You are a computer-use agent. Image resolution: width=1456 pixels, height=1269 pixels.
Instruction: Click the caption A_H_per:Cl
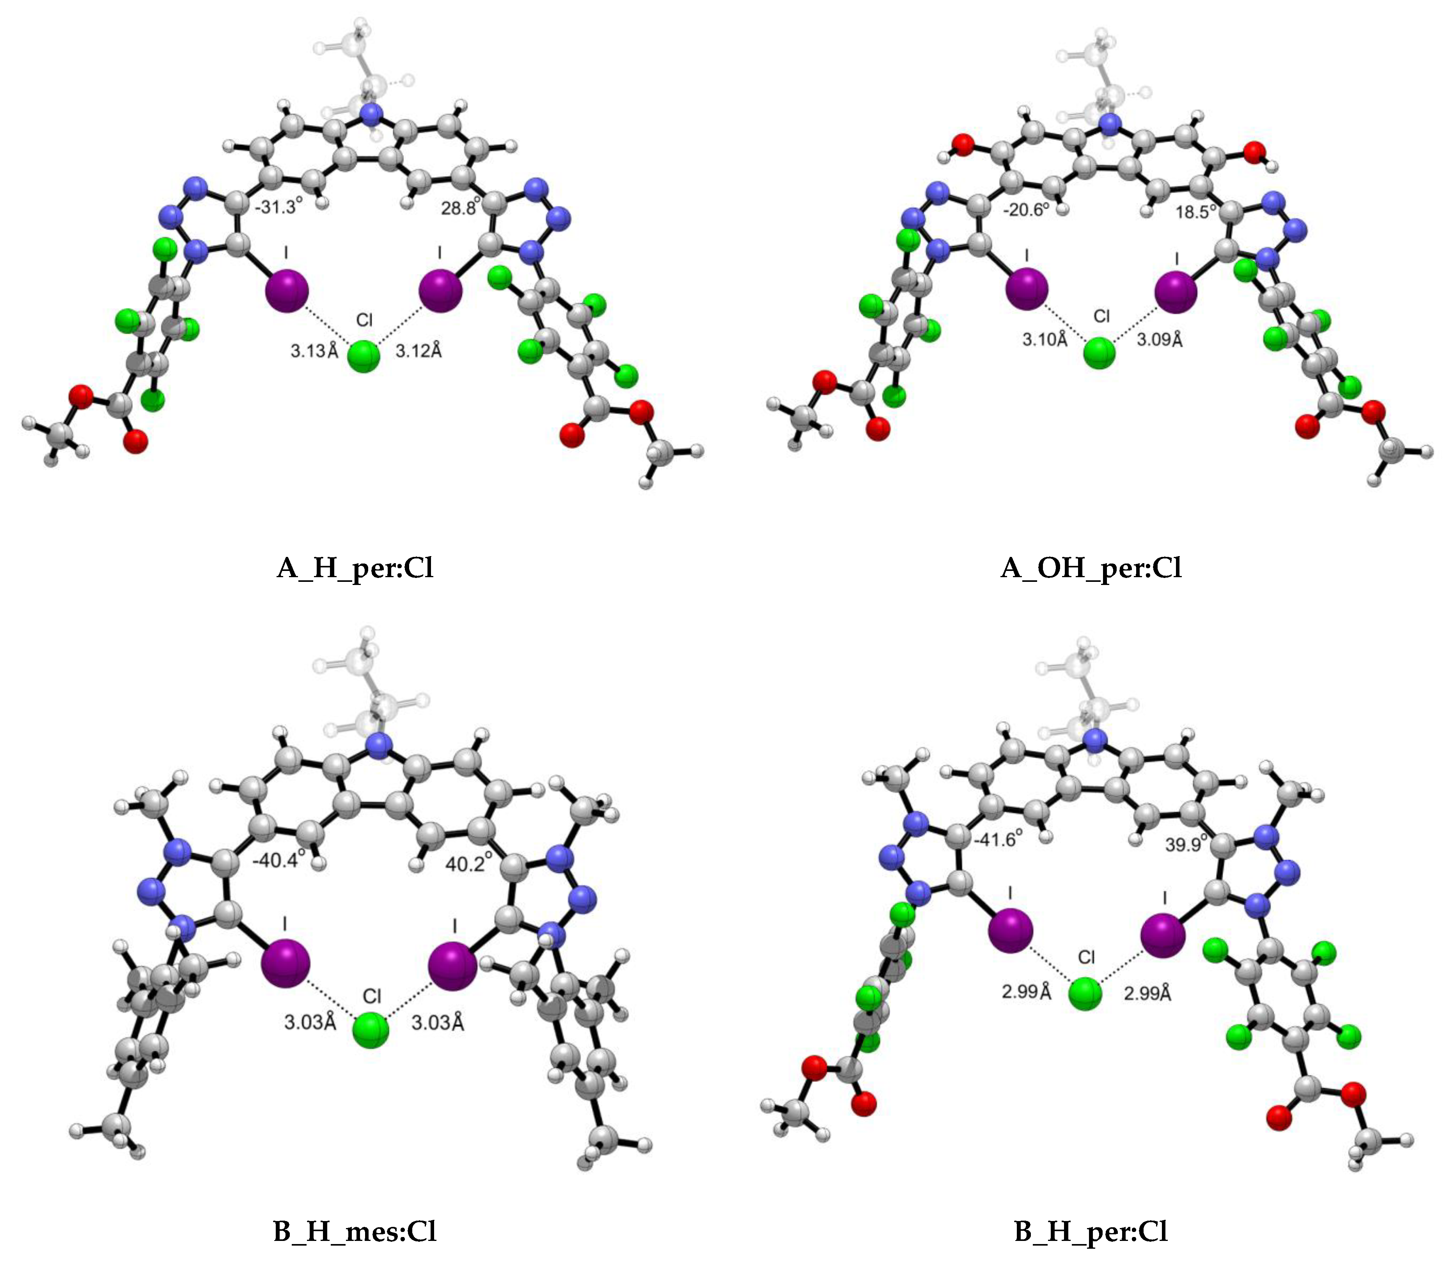[355, 568]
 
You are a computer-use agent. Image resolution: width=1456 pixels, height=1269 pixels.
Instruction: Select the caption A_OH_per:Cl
[1091, 568]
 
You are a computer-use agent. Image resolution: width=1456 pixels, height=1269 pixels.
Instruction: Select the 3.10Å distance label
[1045, 340]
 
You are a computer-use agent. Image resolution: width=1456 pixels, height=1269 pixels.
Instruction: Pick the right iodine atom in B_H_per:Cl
[1163, 935]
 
